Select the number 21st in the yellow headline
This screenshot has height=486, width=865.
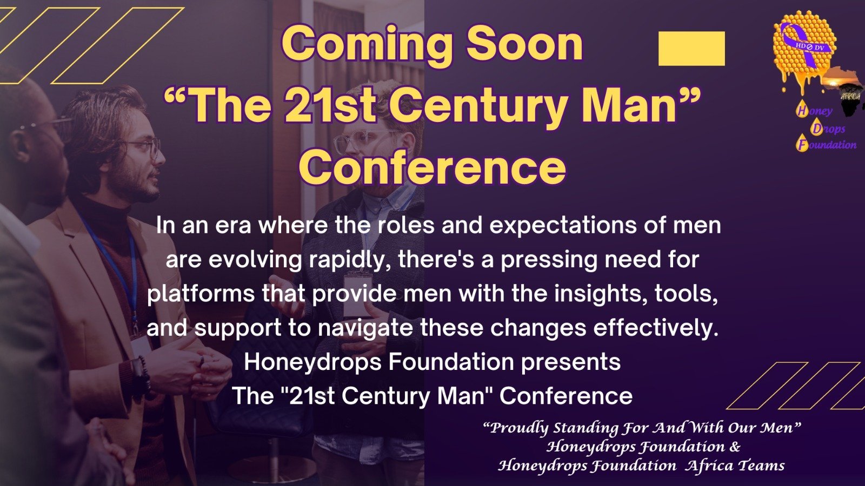click(x=330, y=105)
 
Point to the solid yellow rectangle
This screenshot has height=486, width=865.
click(x=691, y=49)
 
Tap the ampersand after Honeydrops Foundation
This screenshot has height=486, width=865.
click(x=735, y=447)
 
